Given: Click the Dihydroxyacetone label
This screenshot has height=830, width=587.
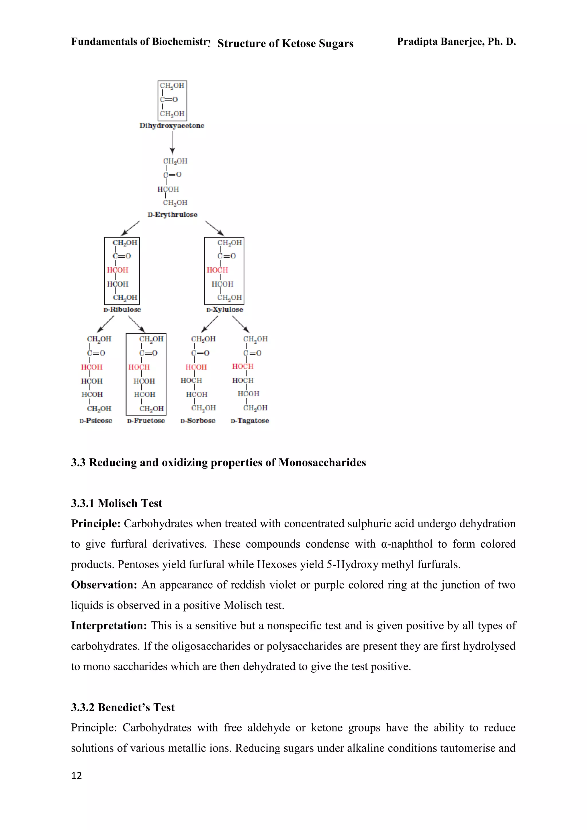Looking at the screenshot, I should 172,126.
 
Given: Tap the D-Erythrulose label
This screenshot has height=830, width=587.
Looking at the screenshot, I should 173,215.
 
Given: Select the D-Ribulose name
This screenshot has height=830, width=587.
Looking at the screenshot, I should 122,310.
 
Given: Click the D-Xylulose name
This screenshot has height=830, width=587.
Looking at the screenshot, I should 224,310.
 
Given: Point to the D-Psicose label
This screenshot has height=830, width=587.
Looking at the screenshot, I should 96,421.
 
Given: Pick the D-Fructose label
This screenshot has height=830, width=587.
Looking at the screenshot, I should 146,421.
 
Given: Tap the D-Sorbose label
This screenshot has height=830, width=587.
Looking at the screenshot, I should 198,421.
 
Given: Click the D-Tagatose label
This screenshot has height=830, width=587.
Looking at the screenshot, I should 250,421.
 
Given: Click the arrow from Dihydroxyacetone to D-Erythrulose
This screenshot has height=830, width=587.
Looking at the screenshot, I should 173,143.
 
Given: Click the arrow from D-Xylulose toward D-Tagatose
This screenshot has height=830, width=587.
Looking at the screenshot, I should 241,324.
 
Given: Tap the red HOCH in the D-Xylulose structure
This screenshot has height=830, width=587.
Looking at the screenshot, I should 217,270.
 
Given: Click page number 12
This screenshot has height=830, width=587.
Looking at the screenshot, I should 77,776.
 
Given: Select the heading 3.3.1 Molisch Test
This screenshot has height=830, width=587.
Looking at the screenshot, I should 116,503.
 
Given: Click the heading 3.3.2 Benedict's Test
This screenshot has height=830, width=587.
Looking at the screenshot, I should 123,707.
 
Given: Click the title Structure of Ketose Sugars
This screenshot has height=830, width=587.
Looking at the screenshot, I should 285,44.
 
